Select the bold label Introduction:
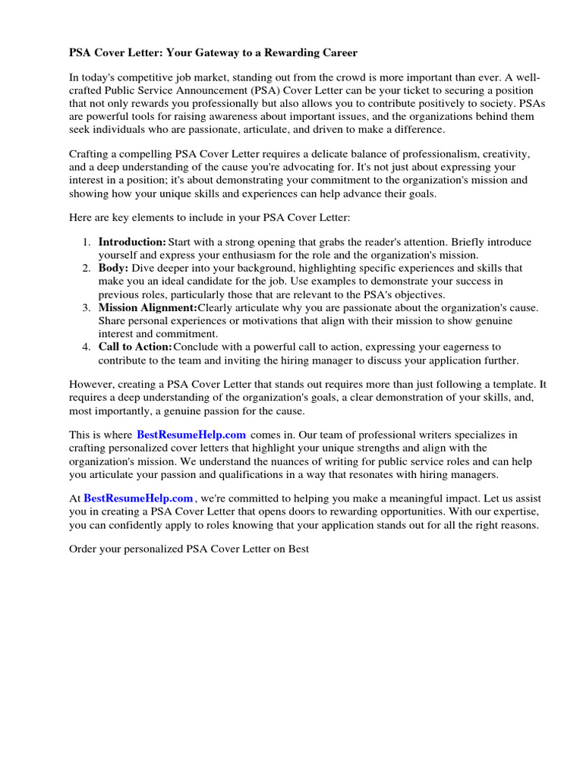(x=132, y=241)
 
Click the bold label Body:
(x=114, y=268)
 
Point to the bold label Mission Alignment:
(x=148, y=307)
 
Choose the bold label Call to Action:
(x=136, y=347)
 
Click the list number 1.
(x=86, y=241)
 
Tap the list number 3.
(x=86, y=307)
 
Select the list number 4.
(x=86, y=347)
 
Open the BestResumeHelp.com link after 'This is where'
(x=191, y=435)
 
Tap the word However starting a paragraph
(x=91, y=385)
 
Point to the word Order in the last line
(x=84, y=549)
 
